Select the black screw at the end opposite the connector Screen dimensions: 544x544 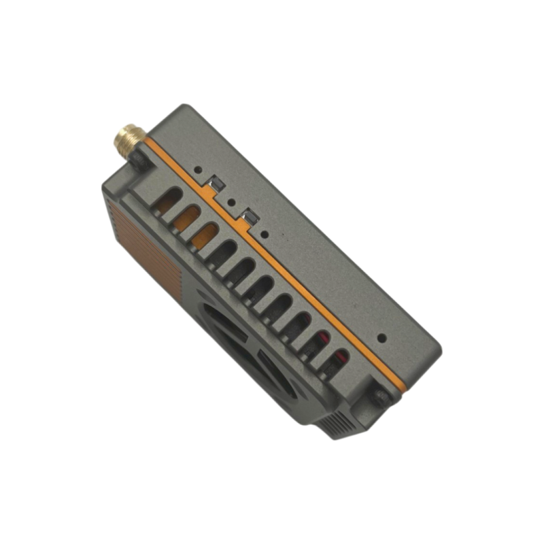click(x=380, y=396)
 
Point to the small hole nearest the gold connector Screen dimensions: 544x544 click(x=197, y=169)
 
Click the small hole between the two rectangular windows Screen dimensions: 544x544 click(x=231, y=202)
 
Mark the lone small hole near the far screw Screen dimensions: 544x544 click(x=382, y=337)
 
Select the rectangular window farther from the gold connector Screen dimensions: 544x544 click(x=248, y=218)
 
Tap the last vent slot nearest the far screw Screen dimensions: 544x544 click(x=337, y=361)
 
